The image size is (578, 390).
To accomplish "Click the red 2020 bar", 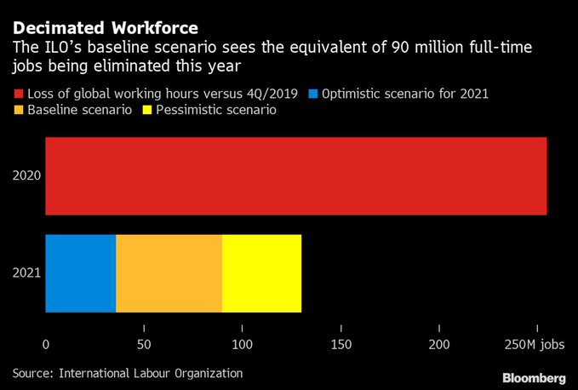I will tap(295, 176).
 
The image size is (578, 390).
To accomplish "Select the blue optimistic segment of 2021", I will tap(80, 273).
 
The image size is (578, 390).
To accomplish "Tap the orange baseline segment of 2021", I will tap(169, 273).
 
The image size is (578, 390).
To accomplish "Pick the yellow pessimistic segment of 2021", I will tap(261, 273).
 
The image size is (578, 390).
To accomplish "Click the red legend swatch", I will tap(18, 93).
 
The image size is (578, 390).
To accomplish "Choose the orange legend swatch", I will tap(18, 111).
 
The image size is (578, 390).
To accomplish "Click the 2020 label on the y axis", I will tap(26, 176).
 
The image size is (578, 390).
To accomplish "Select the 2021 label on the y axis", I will tap(26, 273).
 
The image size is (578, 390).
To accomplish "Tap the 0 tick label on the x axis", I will tap(46, 344).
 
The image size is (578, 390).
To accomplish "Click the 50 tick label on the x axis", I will tap(144, 344).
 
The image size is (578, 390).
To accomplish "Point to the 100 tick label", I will tap(243, 344).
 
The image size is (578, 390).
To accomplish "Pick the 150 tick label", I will tap(341, 344).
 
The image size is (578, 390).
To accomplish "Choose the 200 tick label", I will tap(439, 344).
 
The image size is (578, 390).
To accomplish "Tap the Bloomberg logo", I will tap(534, 376).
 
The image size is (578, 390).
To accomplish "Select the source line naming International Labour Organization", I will tap(127, 373).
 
